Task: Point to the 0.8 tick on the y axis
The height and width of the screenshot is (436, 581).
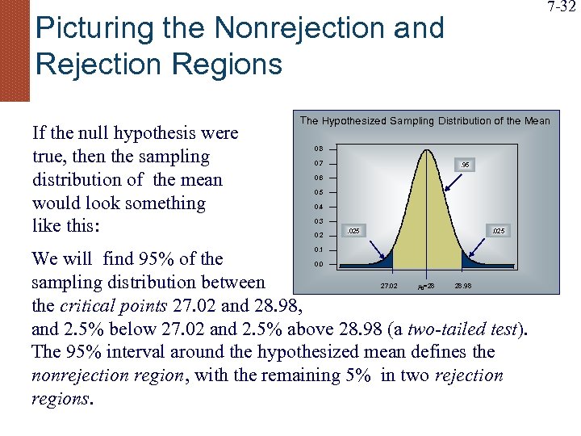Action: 319,149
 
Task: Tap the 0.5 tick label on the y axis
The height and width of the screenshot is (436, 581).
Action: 319,192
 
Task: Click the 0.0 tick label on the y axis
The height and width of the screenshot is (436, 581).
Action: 319,265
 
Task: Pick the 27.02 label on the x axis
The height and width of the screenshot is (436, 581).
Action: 388,286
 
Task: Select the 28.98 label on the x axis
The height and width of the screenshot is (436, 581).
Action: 464,286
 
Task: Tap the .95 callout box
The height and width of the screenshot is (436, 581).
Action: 464,166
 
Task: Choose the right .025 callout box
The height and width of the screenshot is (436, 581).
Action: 499,232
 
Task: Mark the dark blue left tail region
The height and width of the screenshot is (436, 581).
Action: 381,261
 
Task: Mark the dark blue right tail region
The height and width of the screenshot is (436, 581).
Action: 471,260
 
